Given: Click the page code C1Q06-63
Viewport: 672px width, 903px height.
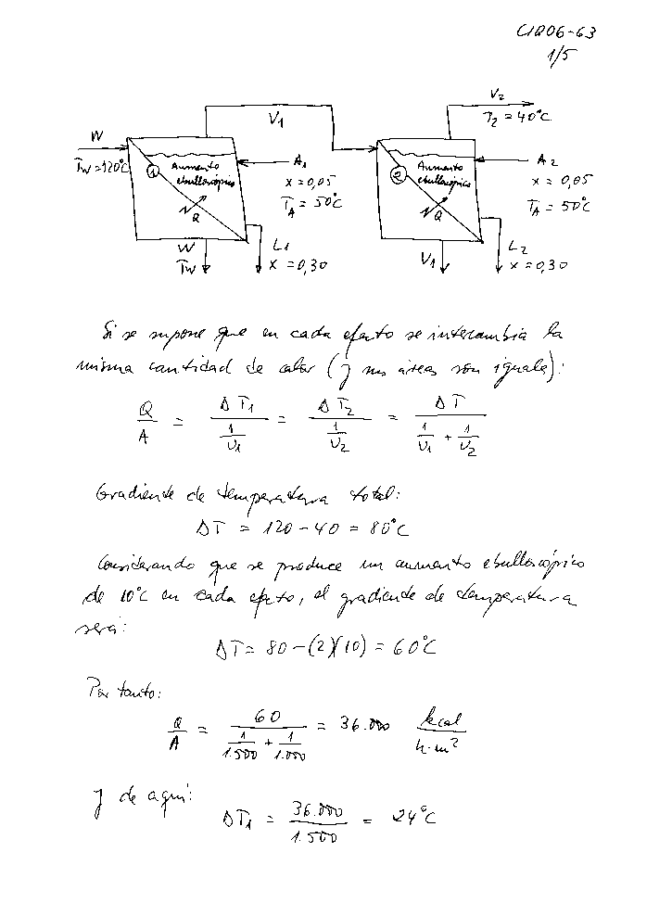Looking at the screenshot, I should (556, 33).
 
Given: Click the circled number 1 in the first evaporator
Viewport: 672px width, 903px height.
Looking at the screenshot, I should (154, 169).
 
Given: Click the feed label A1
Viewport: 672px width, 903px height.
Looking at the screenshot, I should (299, 158).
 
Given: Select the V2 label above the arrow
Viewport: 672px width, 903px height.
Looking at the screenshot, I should (497, 95).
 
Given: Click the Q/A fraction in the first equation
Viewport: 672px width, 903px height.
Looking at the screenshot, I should (145, 422).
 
